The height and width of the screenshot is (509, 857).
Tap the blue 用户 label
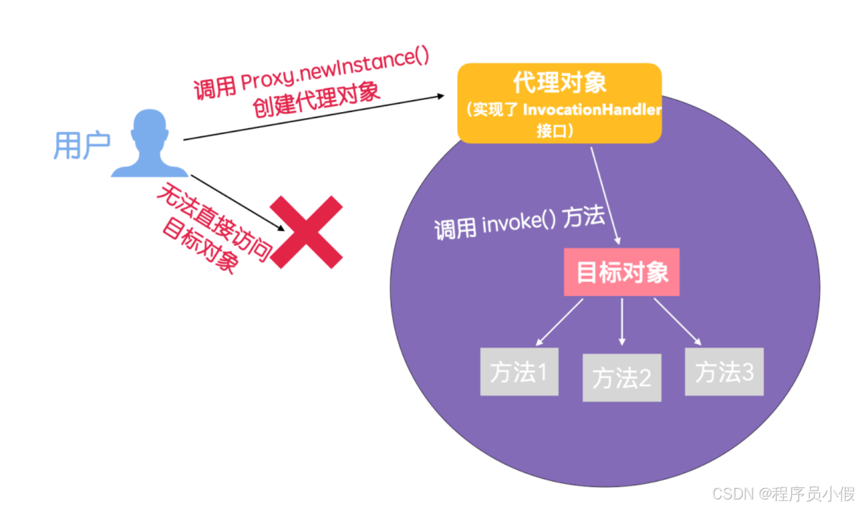(82, 146)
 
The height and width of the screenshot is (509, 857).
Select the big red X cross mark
(306, 232)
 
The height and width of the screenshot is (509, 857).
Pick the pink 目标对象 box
(622, 272)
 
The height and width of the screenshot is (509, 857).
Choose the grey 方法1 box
(519, 372)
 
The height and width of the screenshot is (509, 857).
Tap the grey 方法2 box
(622, 378)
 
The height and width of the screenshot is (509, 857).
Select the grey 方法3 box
(724, 372)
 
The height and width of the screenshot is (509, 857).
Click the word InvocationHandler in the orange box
(592, 110)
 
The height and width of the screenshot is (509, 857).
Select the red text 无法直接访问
(215, 222)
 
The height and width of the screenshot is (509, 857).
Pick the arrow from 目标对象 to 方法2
(622, 322)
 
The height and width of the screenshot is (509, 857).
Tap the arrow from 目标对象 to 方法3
(678, 322)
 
